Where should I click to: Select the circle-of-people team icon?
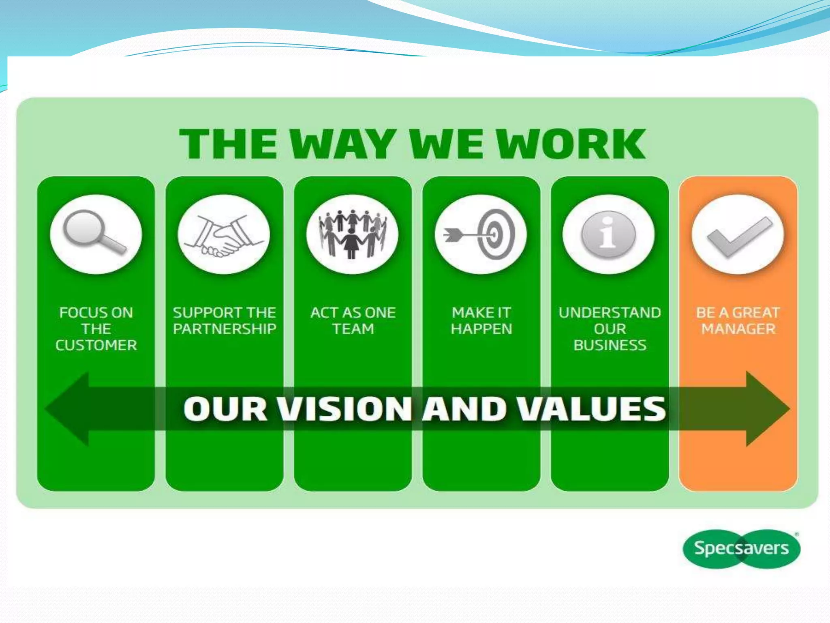coord(352,234)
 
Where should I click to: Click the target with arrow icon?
coord(481,234)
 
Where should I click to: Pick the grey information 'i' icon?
coord(608,234)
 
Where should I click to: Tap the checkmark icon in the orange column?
coord(738,235)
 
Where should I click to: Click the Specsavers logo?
coord(741,548)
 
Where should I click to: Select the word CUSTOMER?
coord(96,345)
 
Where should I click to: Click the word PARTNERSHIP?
coord(224,329)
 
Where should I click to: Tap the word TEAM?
coord(353,329)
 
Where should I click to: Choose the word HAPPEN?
coord(481,329)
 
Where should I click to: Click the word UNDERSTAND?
coord(610,313)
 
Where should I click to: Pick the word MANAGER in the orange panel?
coord(738,329)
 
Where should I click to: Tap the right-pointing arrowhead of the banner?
coord(766,409)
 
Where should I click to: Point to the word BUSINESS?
coord(610,345)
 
